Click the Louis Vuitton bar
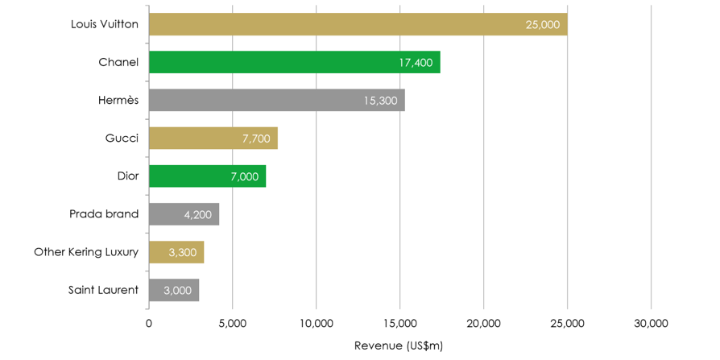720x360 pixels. pos(358,24)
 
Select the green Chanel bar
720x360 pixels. pos(294,62)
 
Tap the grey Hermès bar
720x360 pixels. pos(276,100)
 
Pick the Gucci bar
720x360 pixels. pos(213,138)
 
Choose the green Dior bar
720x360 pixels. pos(207,176)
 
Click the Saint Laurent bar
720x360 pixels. pos(173,290)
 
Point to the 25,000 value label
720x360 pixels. pos(542,25)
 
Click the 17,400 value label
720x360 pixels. pos(416,63)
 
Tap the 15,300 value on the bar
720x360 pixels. pos(380,101)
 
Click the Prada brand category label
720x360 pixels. pos(104,213)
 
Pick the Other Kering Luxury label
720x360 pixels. pos(86,252)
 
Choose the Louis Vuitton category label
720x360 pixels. pos(105,24)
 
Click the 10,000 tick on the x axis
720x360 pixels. pos(316,324)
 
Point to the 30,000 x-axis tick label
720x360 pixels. pos(651,324)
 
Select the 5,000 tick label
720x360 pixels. pos(232,324)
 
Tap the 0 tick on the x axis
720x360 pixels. pos(149,324)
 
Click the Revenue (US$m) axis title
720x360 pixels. pos(399,346)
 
